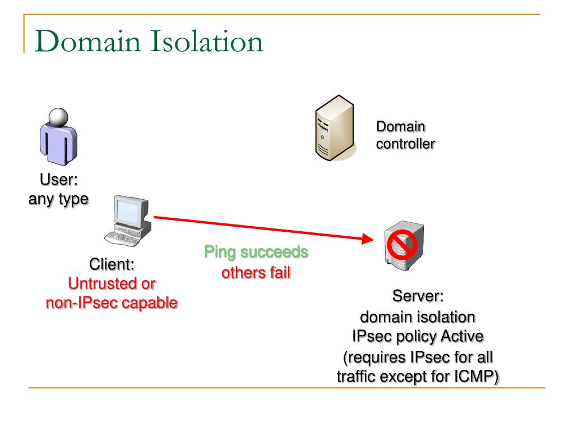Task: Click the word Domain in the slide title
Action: click(88, 41)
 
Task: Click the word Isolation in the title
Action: click(207, 41)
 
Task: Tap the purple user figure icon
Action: click(58, 137)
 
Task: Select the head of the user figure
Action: click(58, 117)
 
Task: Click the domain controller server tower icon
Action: click(335, 128)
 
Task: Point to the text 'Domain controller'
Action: click(406, 135)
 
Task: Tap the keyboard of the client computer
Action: click(122, 238)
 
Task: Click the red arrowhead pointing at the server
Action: click(367, 239)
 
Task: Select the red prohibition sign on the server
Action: click(402, 245)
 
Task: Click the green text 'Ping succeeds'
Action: click(256, 252)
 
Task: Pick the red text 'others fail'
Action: click(256, 273)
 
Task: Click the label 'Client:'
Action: click(112, 264)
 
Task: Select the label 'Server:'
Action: click(418, 296)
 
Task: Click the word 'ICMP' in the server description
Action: click(476, 377)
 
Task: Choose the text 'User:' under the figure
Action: click(58, 180)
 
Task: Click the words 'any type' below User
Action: click(58, 200)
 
